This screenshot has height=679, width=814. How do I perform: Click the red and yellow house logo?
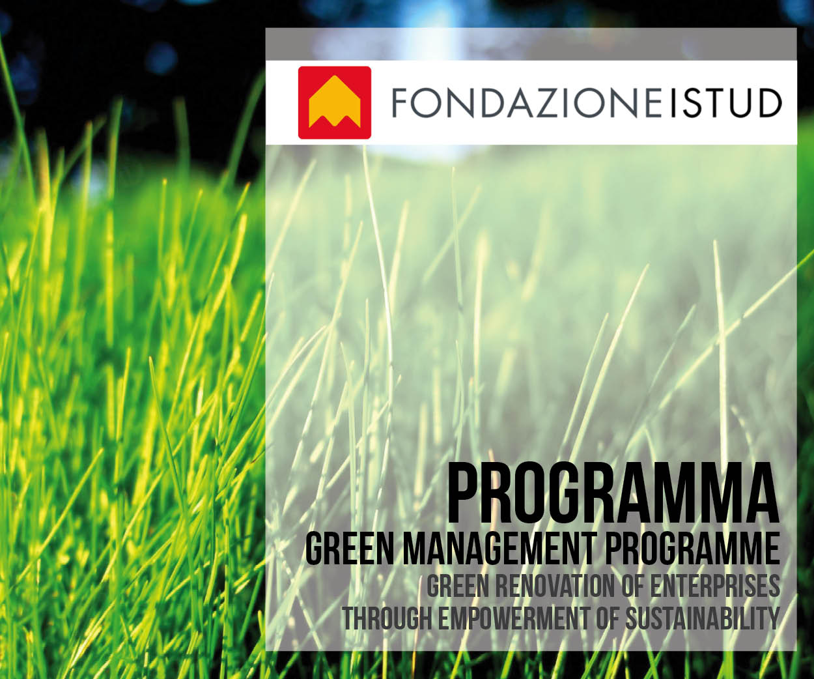pyautogui.click(x=335, y=102)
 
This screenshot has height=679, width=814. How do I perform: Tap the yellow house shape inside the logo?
pyautogui.click(x=335, y=102)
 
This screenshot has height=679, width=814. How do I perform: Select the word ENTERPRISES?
pyautogui.click(x=715, y=586)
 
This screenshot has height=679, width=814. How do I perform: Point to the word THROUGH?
pyautogui.click(x=387, y=618)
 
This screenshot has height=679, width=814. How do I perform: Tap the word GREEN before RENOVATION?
pyautogui.click(x=458, y=586)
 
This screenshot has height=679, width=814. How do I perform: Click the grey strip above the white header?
pyautogui.click(x=531, y=44)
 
